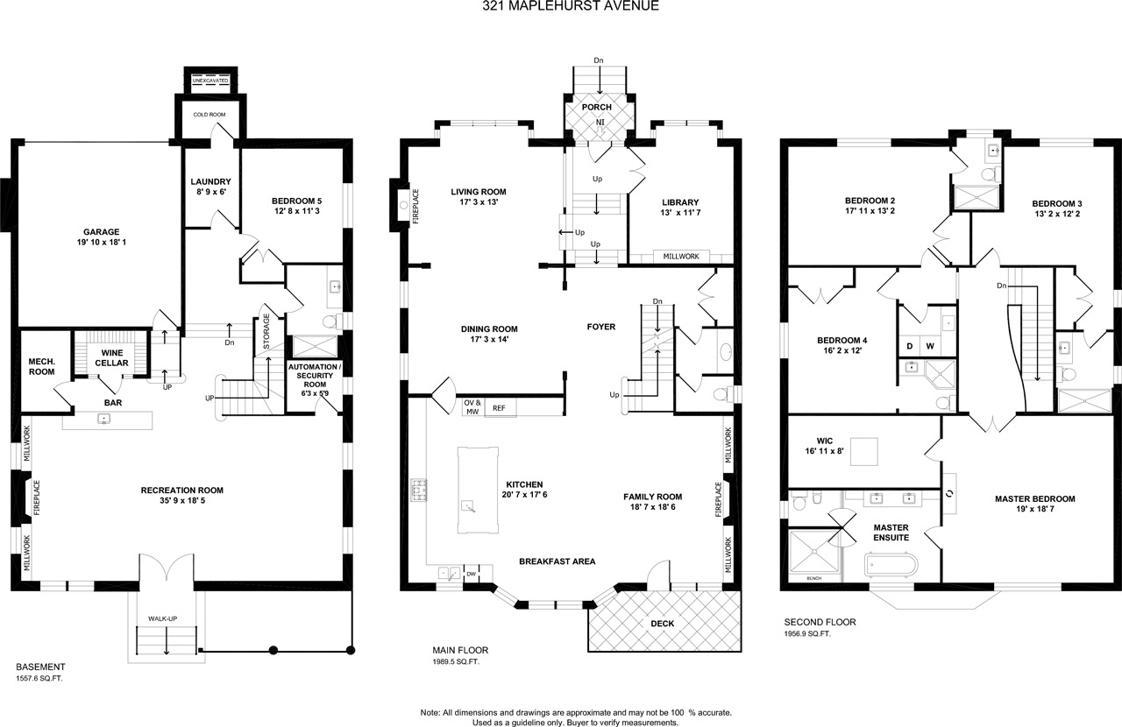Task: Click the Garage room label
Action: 101,232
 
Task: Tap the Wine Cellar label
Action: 111,358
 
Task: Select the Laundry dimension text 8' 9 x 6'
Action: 210,192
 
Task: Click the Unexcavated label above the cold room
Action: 210,81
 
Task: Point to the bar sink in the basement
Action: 104,419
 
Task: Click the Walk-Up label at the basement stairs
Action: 163,619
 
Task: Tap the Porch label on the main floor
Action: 597,107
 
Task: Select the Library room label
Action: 680,202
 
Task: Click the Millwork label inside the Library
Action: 681,257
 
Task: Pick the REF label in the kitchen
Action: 499,408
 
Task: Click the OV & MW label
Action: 472,407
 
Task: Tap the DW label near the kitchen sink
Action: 472,574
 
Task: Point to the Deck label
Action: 663,624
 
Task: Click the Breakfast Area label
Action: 557,561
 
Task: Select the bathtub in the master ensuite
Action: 891,564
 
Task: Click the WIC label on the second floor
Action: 825,441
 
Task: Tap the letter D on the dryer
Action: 910,346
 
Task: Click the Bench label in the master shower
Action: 814,578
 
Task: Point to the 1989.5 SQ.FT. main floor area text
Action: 456,662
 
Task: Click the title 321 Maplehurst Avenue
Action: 571,6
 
